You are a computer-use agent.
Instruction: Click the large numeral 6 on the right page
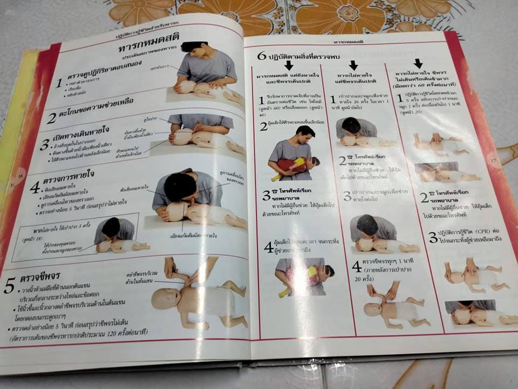pos(262,56)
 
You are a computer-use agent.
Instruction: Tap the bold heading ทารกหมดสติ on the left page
pos(149,48)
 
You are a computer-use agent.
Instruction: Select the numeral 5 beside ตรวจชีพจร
pos(9,286)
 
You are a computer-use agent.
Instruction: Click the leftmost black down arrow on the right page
pos(288,65)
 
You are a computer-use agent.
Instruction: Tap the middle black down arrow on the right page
pos(353,65)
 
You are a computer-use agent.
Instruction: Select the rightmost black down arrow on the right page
pos(419,63)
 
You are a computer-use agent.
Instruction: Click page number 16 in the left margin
pos(21,174)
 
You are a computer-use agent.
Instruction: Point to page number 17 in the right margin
pos(493,160)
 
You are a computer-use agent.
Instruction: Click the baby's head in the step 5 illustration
pos(161,298)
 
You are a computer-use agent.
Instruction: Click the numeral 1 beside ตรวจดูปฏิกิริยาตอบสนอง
pos(59,83)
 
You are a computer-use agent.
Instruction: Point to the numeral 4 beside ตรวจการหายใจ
pos(35,187)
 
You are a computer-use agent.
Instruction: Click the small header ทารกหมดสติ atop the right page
pos(347,40)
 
